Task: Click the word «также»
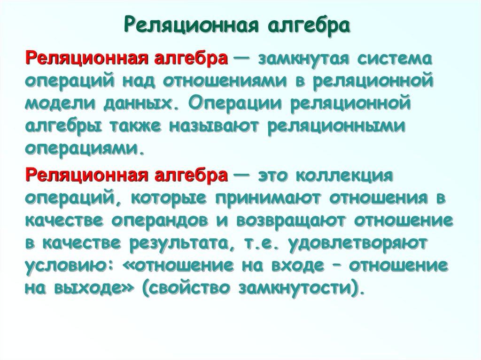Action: [x=141, y=127]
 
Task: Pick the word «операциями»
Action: [x=82, y=149]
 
